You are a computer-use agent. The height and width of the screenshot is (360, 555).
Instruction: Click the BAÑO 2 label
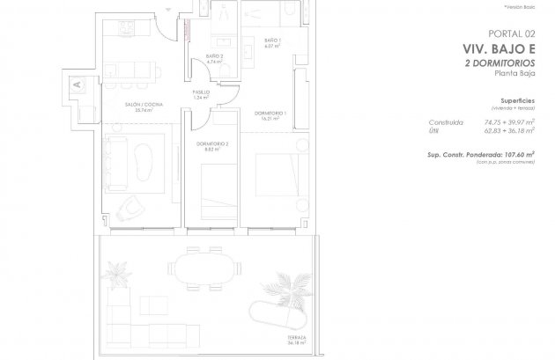214,59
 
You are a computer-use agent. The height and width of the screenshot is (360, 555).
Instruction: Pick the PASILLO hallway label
201,94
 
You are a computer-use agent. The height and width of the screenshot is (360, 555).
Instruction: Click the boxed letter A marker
76,84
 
